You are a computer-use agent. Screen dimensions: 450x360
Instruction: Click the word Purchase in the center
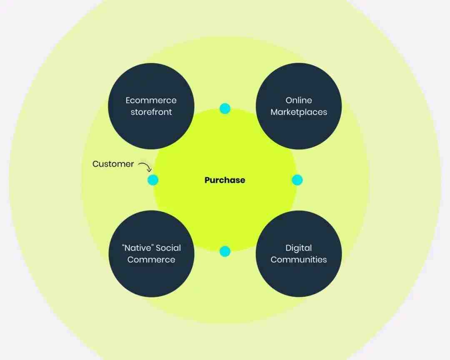(x=225, y=180)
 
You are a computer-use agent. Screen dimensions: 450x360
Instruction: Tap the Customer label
(x=113, y=164)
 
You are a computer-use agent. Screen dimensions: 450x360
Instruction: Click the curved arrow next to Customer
(x=145, y=167)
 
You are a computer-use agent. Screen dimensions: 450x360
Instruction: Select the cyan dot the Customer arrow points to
(x=152, y=180)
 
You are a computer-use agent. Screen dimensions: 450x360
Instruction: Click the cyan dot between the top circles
(x=225, y=108)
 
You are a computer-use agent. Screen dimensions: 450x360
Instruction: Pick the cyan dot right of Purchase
(x=297, y=180)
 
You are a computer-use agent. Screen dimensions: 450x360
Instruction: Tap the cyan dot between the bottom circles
(x=225, y=252)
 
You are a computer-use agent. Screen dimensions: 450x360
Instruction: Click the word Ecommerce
(x=151, y=100)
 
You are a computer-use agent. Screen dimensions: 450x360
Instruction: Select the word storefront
(x=151, y=112)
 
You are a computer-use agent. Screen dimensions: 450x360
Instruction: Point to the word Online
(x=299, y=100)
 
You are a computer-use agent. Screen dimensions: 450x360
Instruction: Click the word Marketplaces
(x=299, y=112)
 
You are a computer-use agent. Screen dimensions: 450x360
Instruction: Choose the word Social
(x=167, y=248)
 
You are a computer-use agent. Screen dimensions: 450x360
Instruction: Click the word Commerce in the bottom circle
(x=151, y=260)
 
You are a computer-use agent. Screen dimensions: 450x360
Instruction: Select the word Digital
(x=298, y=248)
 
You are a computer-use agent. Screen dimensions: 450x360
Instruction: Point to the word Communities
(x=299, y=260)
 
